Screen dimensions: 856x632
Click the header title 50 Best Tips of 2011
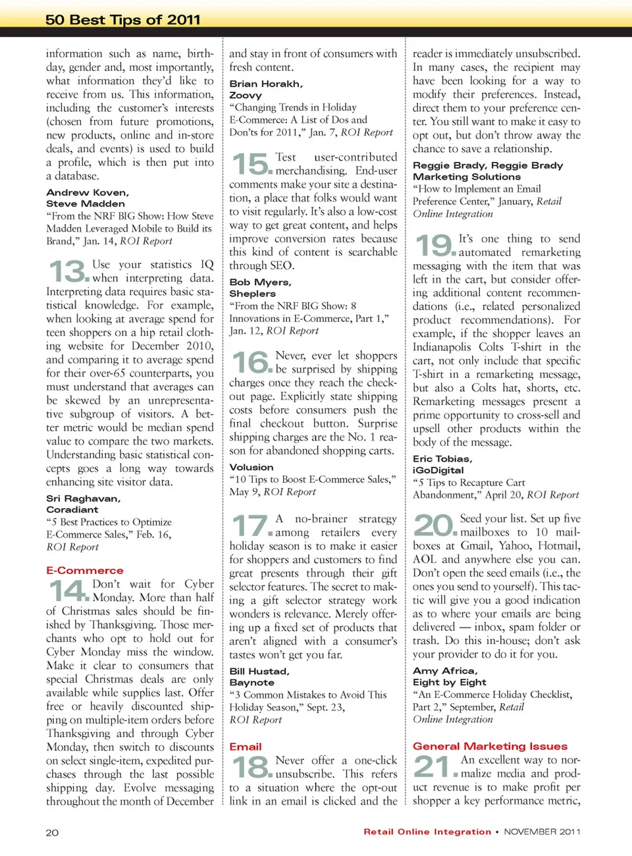[122, 20]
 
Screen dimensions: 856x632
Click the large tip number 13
[68, 271]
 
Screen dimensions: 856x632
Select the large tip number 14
[68, 591]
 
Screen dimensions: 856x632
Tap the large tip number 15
[251, 164]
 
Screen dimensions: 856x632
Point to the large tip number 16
[251, 363]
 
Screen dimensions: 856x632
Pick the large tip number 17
[251, 526]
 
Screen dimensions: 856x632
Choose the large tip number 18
[251, 767]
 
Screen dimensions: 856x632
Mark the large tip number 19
[434, 246]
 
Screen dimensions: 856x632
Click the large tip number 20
[434, 525]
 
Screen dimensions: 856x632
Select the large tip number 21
[434, 766]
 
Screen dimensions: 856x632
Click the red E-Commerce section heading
[85, 570]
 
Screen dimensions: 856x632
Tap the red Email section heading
[246, 747]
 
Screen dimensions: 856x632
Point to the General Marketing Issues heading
[490, 746]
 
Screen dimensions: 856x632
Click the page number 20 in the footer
[52, 832]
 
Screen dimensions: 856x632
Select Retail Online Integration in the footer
[427, 832]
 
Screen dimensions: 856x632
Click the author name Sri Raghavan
[83, 498]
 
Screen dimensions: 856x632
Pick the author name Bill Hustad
[259, 671]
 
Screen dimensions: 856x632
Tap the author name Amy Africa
[445, 670]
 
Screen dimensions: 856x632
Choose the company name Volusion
[251, 467]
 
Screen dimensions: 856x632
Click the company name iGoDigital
[438, 470]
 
